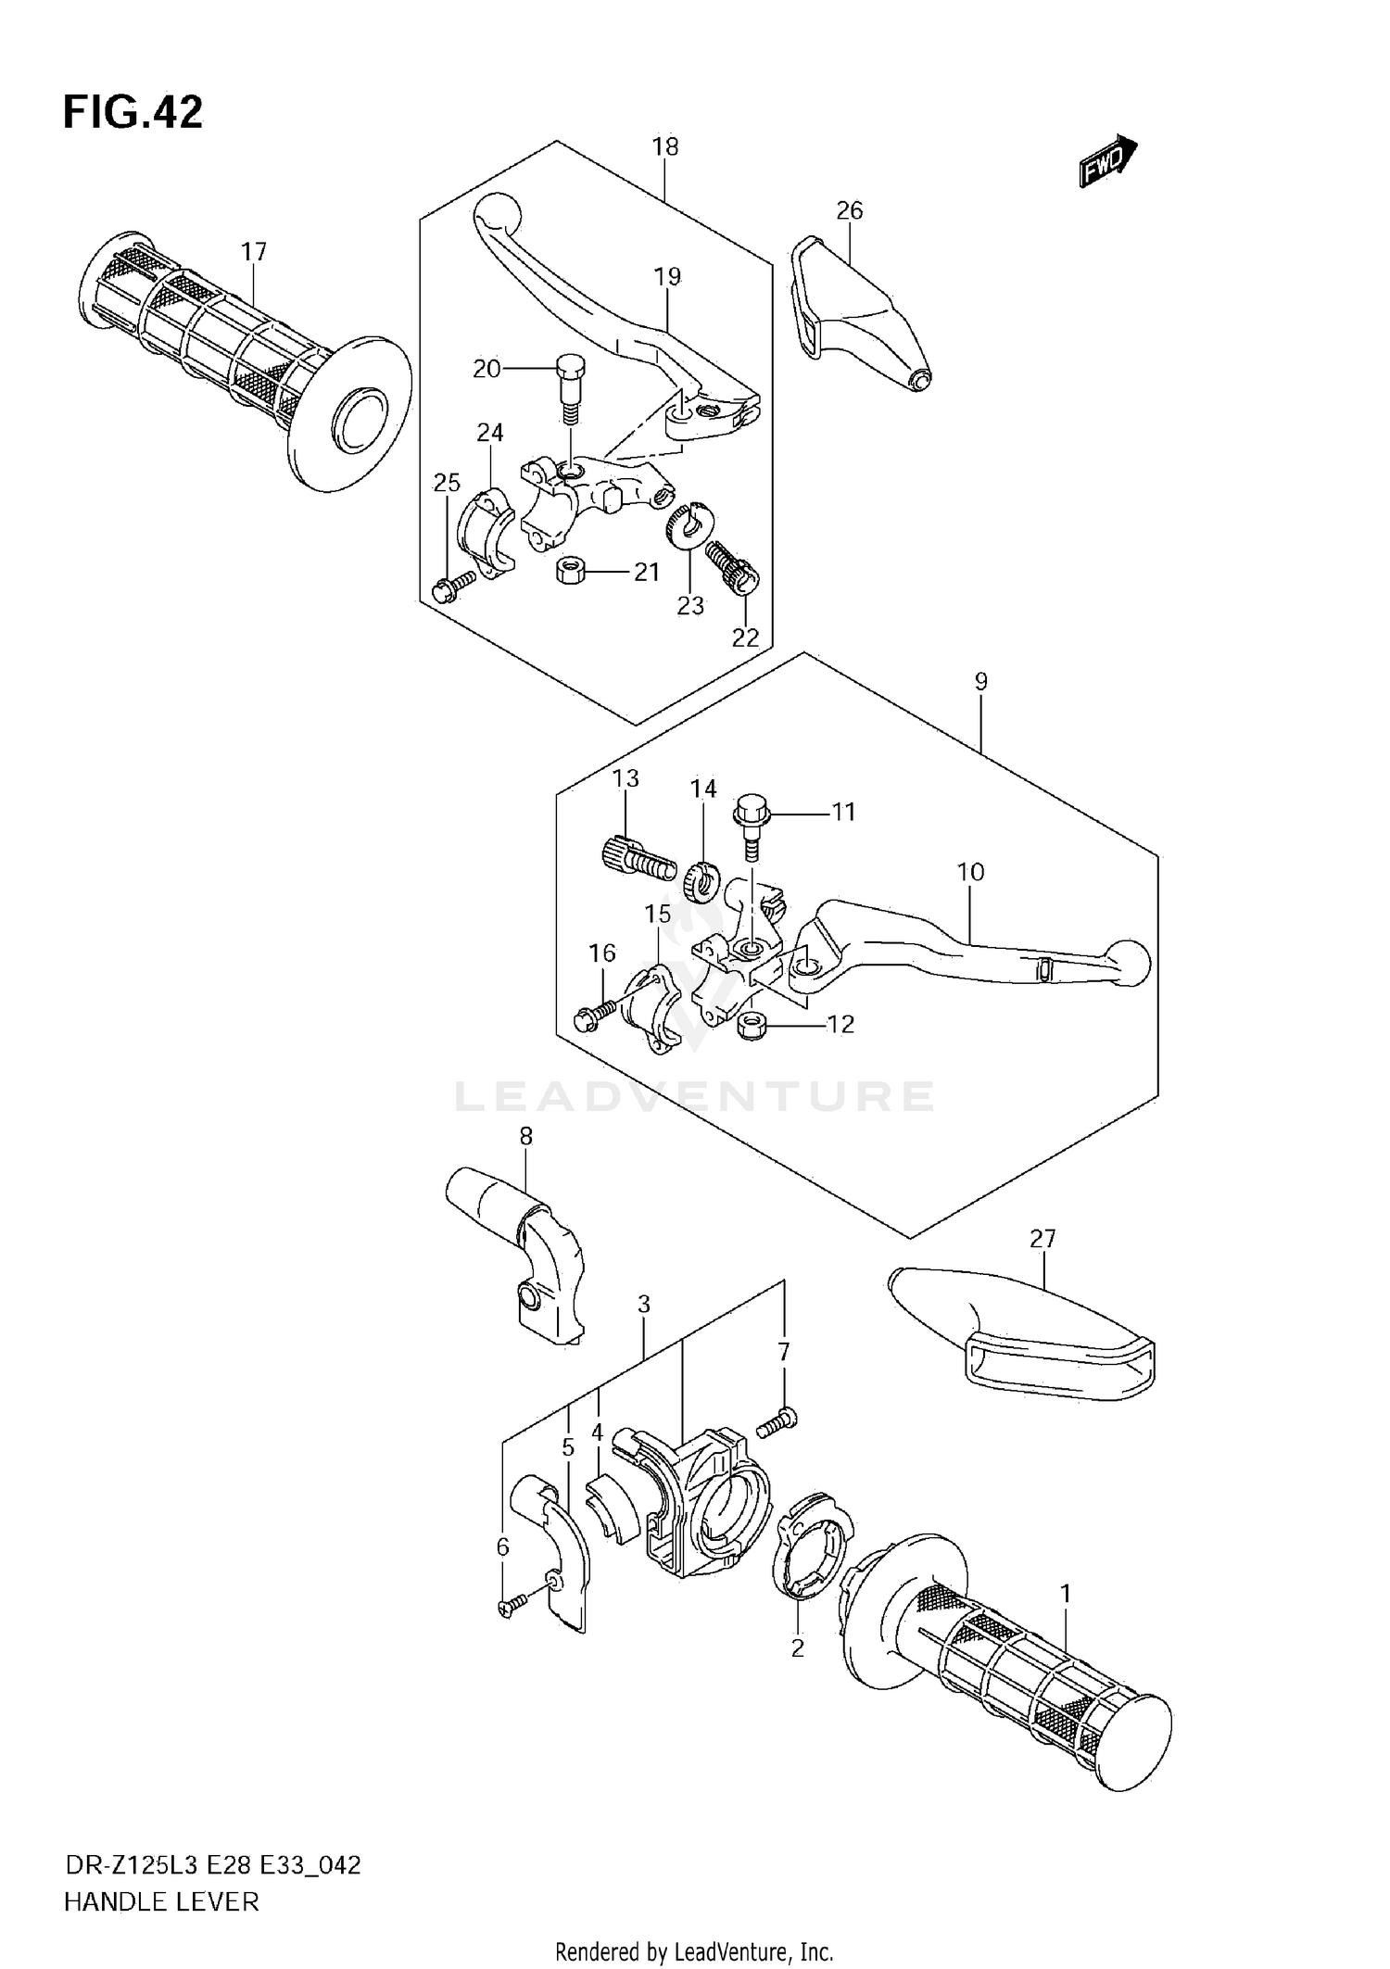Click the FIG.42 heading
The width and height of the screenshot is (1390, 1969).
pyautogui.click(x=133, y=113)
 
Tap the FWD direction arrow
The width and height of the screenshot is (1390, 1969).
pyautogui.click(x=1107, y=161)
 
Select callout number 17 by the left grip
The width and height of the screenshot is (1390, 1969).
pyautogui.click(x=253, y=251)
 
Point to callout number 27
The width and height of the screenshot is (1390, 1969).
pyautogui.click(x=1042, y=1238)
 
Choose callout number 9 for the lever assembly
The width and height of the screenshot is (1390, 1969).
pyautogui.click(x=981, y=682)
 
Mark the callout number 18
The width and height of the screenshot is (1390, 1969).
pyautogui.click(x=664, y=146)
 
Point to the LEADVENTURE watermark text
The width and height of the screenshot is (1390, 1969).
pyautogui.click(x=694, y=1096)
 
